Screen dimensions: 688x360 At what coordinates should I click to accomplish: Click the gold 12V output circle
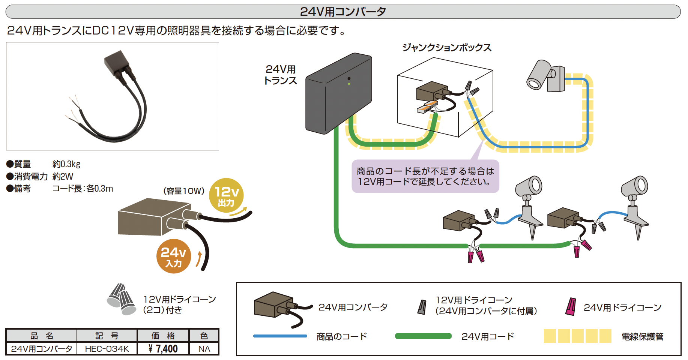coord(226,195)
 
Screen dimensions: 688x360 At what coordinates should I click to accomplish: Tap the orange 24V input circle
coord(174,256)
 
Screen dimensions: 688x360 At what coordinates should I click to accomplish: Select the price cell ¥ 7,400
coord(163,349)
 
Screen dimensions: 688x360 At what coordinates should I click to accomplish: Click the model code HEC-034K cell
coord(107,349)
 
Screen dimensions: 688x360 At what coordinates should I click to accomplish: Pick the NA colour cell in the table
coord(204,349)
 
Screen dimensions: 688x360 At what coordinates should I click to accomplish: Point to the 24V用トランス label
coord(281,75)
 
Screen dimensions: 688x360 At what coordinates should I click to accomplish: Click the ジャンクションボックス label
coord(447,48)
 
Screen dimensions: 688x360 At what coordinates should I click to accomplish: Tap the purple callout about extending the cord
coord(425,176)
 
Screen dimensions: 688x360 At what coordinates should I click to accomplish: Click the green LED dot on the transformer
coord(349,84)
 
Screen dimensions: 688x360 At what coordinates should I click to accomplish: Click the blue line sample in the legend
coord(280,336)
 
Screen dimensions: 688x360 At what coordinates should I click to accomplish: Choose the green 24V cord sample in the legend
coord(423,336)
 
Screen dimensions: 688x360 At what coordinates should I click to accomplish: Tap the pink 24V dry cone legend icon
coord(571,307)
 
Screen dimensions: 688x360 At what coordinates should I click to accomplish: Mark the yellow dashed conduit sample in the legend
coord(578,336)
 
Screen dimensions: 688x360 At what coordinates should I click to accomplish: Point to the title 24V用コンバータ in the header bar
coord(343,12)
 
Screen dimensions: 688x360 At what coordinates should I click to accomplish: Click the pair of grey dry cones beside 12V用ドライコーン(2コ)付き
coord(122,299)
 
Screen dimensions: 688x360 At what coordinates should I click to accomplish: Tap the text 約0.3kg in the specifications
coord(66,164)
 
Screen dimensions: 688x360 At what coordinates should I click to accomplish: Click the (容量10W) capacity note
coord(184,191)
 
